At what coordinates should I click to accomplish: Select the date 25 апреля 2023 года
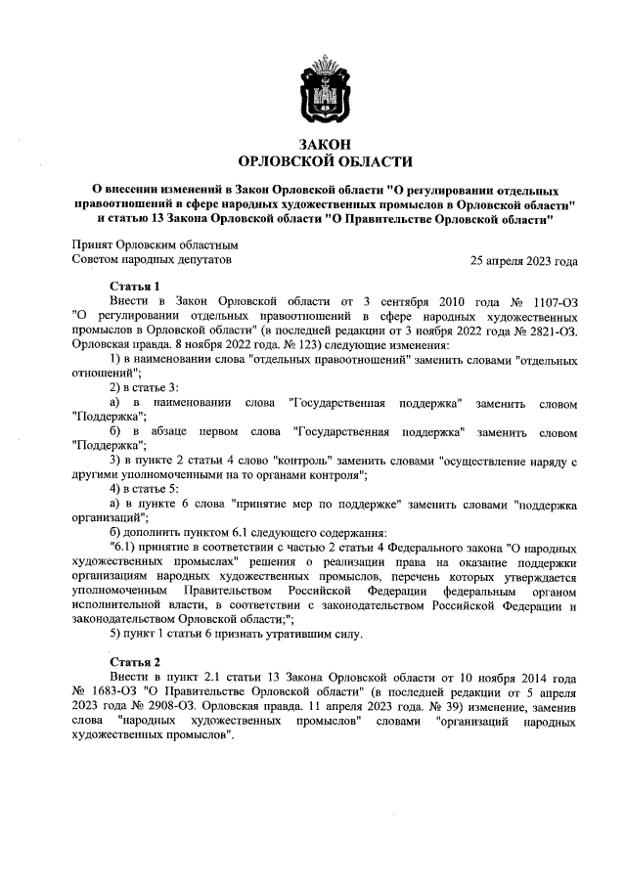coord(523,261)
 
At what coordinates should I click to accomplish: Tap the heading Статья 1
coord(138,286)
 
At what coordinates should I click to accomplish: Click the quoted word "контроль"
coord(308,460)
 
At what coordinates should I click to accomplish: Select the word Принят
coord(93,245)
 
